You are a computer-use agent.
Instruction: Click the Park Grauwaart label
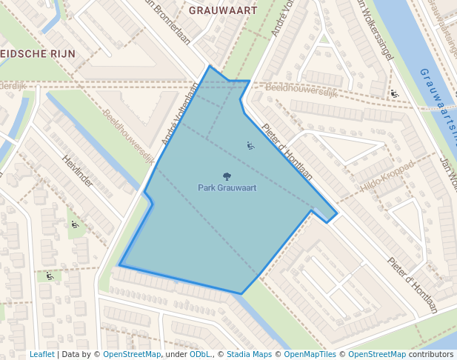point(227,188)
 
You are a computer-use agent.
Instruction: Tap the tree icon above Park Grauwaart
point(227,176)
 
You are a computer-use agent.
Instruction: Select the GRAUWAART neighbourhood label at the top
point(223,11)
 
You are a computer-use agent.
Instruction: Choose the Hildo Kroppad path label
point(387,177)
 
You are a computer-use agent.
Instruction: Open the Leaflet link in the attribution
point(42,354)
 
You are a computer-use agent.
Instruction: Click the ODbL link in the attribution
point(200,354)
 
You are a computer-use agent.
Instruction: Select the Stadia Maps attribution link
point(249,354)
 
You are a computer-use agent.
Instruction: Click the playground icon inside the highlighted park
point(250,146)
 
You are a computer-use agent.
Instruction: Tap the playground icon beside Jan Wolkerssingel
point(394,93)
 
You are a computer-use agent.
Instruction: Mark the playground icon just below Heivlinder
point(75,224)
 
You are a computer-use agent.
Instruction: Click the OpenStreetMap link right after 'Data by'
point(132,354)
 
